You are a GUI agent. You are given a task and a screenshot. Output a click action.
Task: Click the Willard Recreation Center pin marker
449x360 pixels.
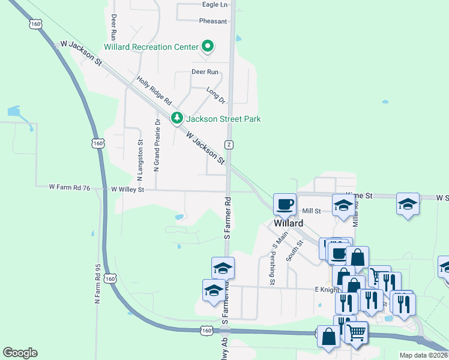[208, 46]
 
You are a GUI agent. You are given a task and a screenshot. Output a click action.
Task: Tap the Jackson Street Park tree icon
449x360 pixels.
[176, 118]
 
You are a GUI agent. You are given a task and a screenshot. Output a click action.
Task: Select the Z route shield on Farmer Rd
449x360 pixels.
[229, 145]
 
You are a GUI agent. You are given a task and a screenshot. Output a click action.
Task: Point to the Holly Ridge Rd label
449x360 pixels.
[154, 91]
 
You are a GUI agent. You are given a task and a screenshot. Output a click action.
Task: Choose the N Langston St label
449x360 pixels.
[140, 160]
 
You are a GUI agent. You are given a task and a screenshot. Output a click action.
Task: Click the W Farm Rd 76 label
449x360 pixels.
[70, 188]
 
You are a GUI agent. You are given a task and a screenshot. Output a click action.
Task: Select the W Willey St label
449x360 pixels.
[128, 190]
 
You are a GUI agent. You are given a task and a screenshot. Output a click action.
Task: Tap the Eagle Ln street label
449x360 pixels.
[215, 5]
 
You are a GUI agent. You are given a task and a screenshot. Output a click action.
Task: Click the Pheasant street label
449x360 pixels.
[213, 21]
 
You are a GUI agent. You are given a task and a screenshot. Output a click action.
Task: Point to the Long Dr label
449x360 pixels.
[215, 95]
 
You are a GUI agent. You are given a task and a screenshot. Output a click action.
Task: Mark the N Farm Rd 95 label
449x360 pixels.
[98, 283]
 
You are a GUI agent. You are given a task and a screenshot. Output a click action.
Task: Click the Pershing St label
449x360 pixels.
[272, 268]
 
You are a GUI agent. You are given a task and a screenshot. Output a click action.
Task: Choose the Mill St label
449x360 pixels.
[312, 211]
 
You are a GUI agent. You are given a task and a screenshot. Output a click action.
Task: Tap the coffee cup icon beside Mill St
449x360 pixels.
[285, 204]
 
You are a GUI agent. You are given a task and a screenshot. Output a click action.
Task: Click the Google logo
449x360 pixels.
[20, 353]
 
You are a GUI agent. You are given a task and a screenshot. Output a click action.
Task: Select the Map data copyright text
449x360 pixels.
[423, 355]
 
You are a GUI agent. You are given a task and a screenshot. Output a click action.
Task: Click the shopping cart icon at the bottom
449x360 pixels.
[357, 331]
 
